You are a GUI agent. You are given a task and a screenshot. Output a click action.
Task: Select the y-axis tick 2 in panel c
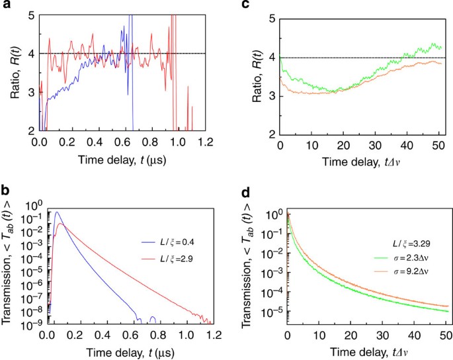[270, 134]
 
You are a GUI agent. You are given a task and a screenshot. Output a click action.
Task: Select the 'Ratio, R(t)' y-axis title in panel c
[252, 73]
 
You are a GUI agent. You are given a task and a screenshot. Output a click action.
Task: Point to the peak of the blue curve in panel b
[58, 212]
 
